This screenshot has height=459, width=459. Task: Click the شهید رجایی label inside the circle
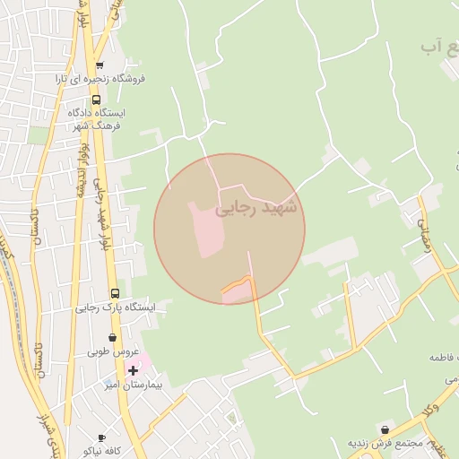[261, 208]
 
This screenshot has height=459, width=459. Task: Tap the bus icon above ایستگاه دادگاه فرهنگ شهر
[96, 100]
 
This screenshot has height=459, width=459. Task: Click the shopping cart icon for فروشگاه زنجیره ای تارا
[100, 65]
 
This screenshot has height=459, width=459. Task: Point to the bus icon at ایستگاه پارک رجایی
[114, 293]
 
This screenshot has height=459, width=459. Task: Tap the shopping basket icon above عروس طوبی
[112, 338]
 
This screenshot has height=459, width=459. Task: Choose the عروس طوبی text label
[110, 352]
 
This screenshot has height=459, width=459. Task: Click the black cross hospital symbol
[133, 370]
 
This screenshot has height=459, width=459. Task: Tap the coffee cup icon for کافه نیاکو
[100, 437]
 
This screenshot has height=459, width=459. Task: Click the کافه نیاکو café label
[100, 450]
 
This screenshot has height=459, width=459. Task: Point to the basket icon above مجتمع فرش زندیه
[385, 429]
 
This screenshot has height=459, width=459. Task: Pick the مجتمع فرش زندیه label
[385, 443]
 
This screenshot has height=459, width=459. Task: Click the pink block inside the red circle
[205, 228]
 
